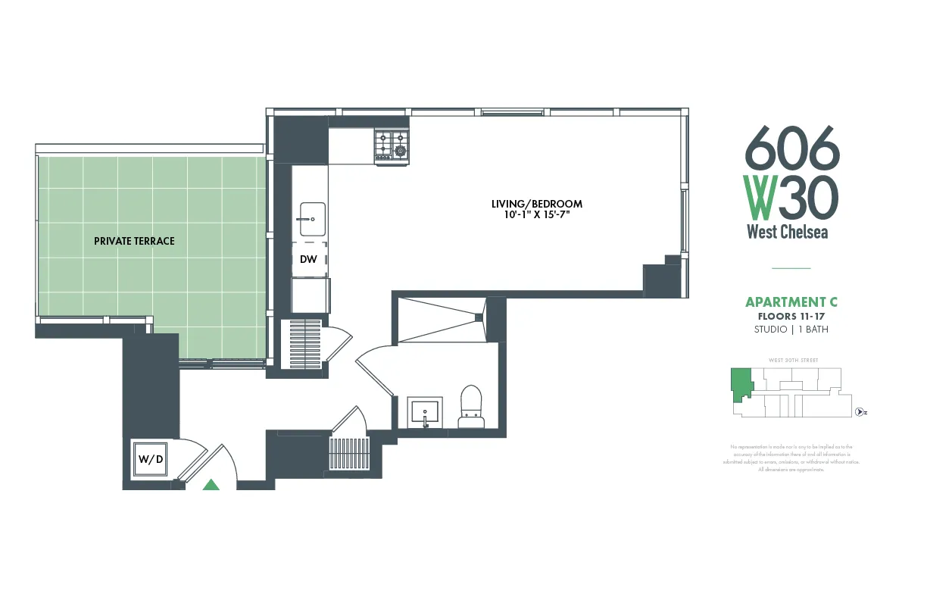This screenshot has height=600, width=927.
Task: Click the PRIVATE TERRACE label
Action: (x=134, y=241)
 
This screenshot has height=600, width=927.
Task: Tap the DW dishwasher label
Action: (x=308, y=259)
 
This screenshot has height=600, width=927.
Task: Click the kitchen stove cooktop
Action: (x=392, y=145)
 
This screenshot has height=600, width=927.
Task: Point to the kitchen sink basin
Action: (x=312, y=219)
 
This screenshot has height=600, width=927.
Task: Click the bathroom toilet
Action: (x=471, y=404)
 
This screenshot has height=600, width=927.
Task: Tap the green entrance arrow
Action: (x=211, y=485)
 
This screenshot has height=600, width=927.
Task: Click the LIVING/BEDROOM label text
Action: (x=536, y=204)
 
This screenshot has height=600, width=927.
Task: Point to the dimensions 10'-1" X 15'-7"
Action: (x=536, y=215)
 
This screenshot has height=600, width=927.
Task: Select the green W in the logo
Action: (x=759, y=197)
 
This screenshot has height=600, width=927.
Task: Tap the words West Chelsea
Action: (x=787, y=232)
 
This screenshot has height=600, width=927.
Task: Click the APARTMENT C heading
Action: (x=791, y=302)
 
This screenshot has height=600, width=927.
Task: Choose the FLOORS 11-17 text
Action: (x=791, y=316)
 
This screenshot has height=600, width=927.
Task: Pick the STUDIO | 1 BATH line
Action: (x=791, y=330)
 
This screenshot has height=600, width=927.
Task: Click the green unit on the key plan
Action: (x=740, y=382)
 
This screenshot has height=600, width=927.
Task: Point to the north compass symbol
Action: (x=860, y=412)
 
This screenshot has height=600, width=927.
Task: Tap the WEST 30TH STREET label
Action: (x=793, y=360)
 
